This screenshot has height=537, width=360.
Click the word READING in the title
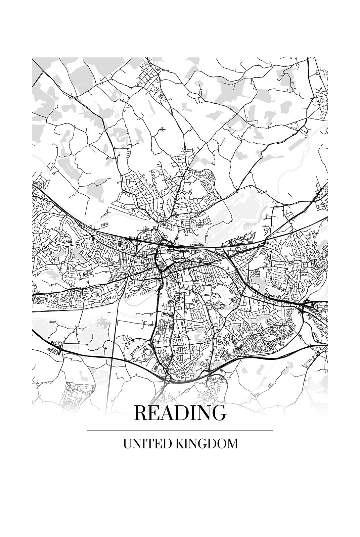pos(180,412)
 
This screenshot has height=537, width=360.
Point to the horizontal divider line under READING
pos(180,430)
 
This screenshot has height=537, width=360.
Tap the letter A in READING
pos(164,413)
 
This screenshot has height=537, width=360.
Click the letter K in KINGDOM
pos(179,444)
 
